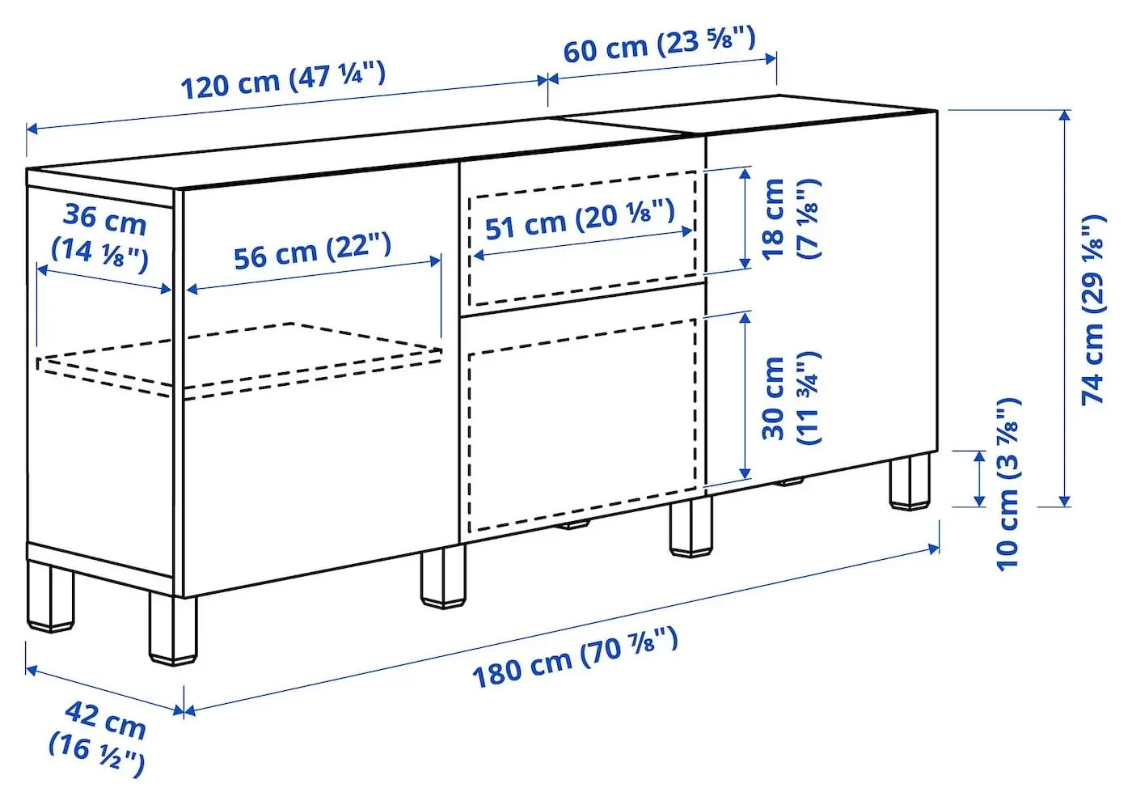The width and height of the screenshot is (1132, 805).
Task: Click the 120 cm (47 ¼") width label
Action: coord(282,80)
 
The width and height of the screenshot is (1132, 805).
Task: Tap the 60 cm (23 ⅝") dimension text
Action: coord(659,44)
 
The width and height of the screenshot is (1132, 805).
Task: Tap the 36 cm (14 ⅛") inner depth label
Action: coord(102,235)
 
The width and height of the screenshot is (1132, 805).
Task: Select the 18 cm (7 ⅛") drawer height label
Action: coord(790,218)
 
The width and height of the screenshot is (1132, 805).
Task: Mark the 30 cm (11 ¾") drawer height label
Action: coord(790,398)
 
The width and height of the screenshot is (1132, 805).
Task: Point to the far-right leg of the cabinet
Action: coord(910,481)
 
